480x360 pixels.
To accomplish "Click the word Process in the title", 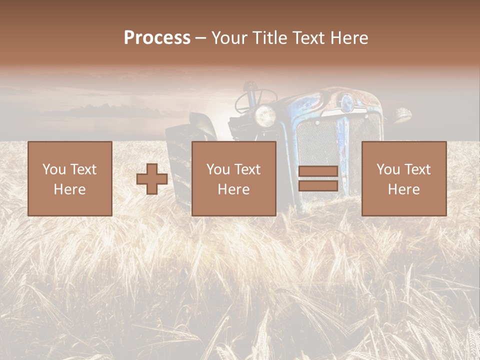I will point(157,38).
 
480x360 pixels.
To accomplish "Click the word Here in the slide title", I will point(348,38).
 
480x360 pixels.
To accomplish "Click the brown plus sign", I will point(152,179).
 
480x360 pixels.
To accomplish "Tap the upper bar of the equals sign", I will point(318,171).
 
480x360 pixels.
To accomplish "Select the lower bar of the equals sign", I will point(318,186).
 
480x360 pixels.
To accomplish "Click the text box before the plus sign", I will point(69,178).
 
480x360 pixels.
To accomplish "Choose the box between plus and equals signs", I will point(233,178).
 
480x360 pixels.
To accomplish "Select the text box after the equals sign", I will point(403,178).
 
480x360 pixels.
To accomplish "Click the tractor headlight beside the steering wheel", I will point(265,115).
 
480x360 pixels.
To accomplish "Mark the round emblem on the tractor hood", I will point(346,103).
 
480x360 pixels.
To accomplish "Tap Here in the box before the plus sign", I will point(69,189).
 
